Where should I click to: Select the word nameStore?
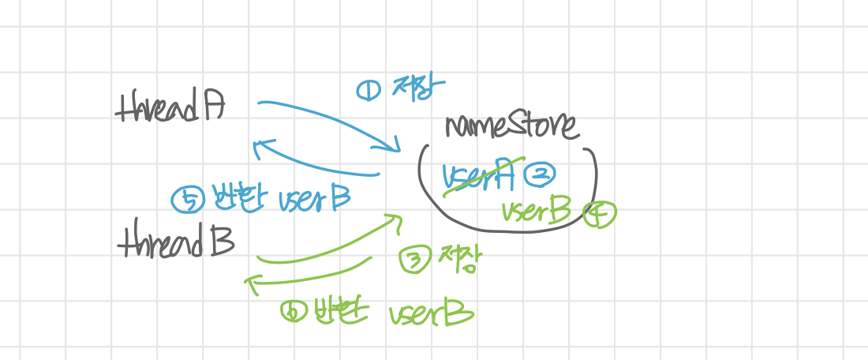coord(511,126)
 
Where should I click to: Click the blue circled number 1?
coord(369,92)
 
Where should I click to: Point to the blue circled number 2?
coord(541,174)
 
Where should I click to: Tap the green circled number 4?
coord(599,212)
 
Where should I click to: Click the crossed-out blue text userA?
coord(477,175)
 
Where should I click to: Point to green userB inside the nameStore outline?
coord(536,210)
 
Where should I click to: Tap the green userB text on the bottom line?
coord(430,314)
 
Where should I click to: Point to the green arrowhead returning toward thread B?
coord(253,283)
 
